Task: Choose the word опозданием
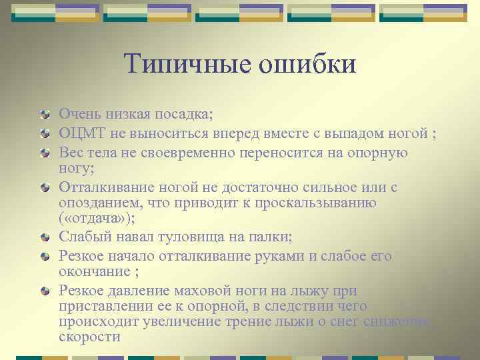tap(100, 203)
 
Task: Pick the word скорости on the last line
tap(89, 337)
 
